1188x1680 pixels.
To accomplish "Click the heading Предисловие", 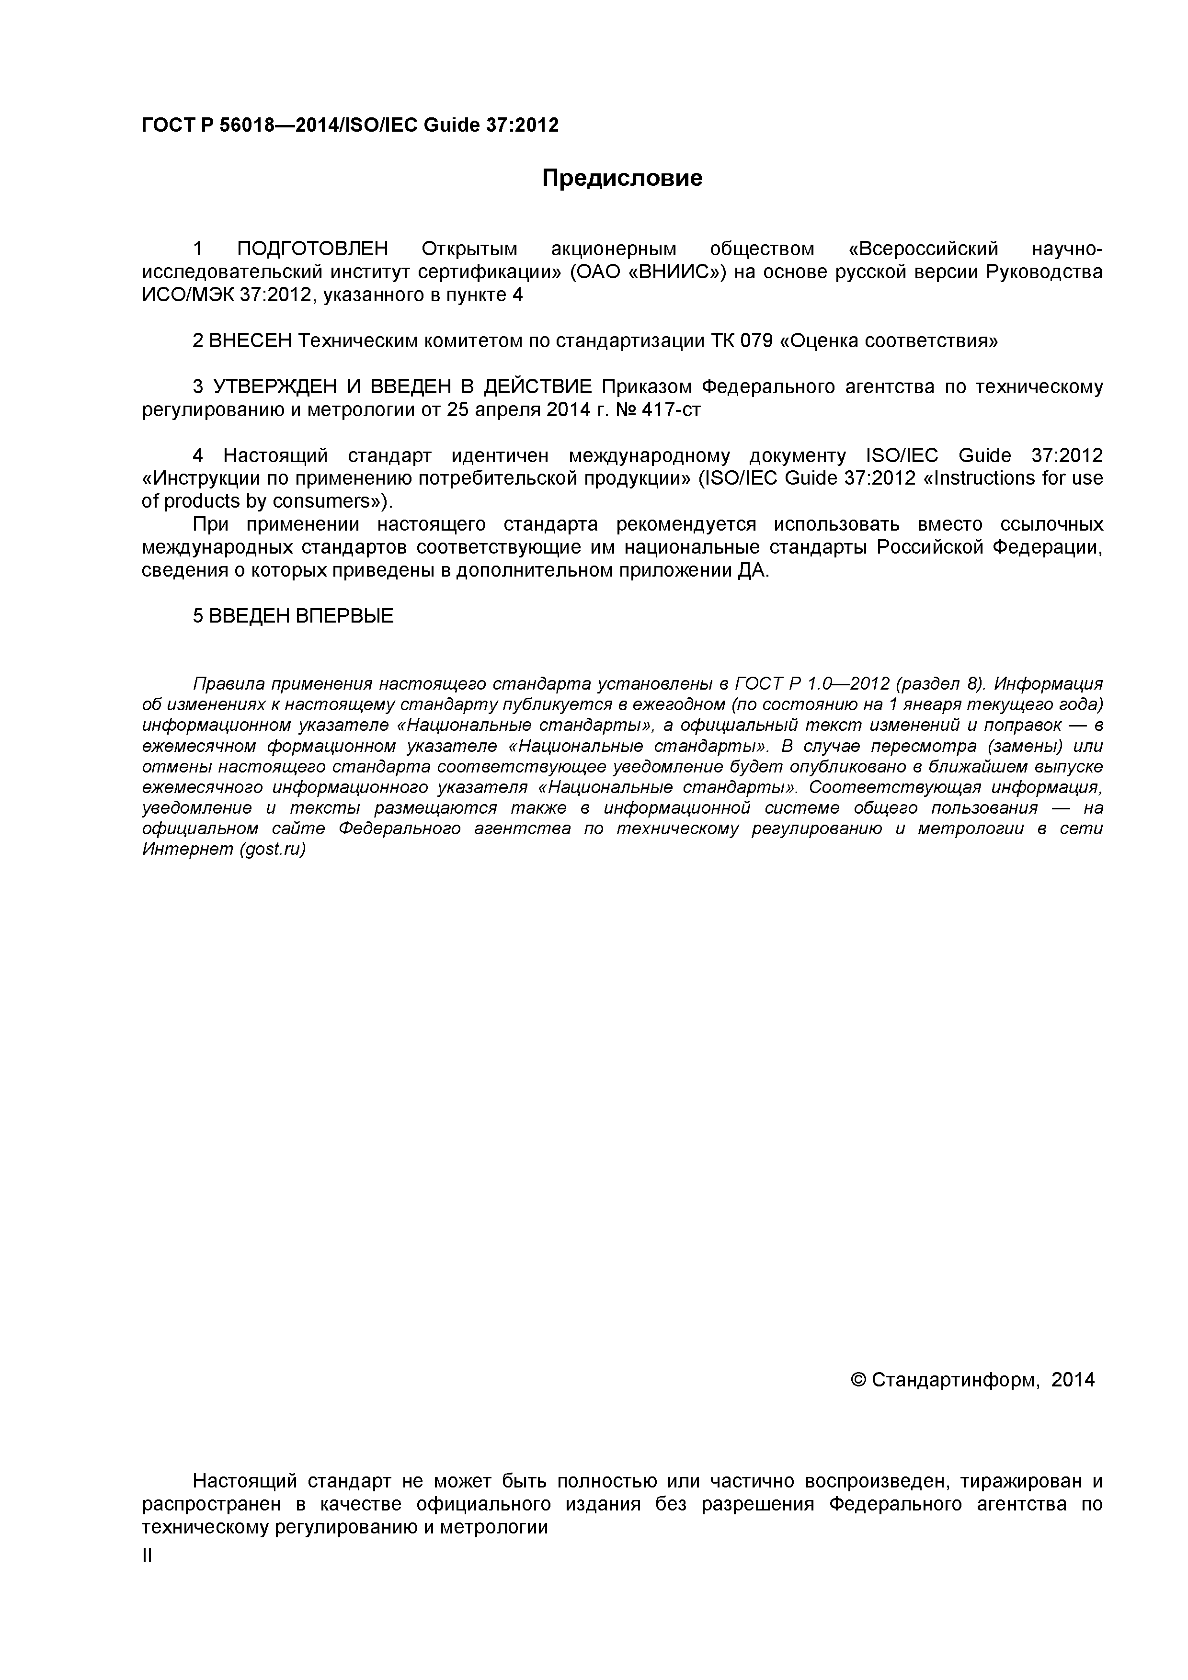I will (622, 178).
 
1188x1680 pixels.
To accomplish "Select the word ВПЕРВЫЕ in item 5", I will (344, 616).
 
